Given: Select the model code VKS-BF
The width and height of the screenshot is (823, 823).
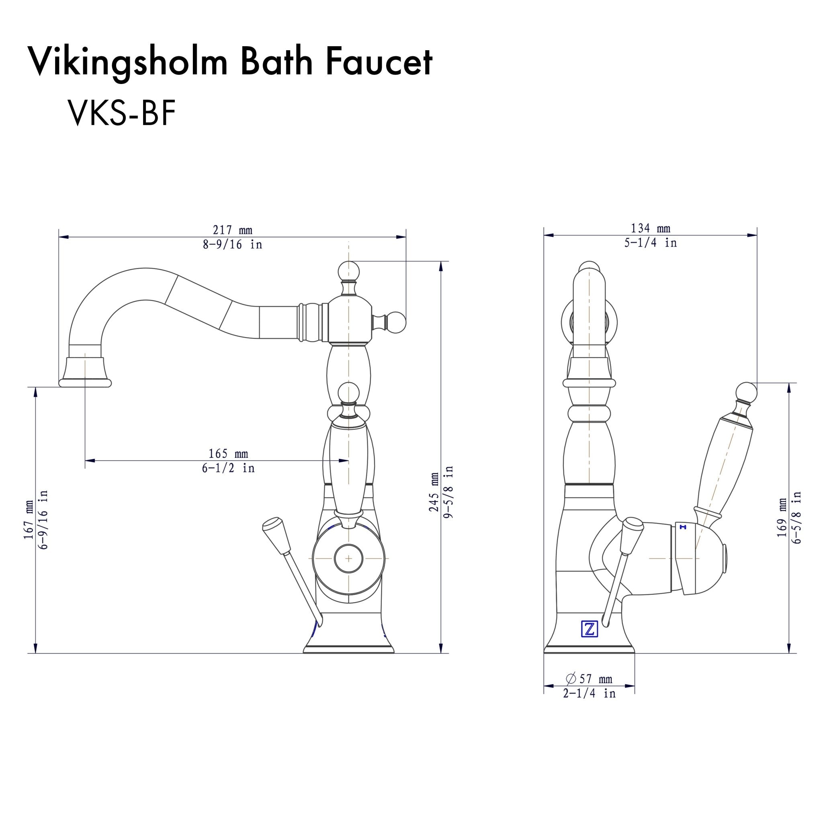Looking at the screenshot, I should tap(121, 114).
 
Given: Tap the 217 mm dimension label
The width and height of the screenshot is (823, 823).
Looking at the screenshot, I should tap(233, 230).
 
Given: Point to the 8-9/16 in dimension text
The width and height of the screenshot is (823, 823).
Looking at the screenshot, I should tap(233, 244).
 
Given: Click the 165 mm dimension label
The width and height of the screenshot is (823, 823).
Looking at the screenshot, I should tap(228, 453).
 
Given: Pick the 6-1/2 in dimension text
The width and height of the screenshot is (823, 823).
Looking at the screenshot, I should tap(228, 468).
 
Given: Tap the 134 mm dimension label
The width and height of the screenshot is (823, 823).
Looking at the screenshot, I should tap(651, 228).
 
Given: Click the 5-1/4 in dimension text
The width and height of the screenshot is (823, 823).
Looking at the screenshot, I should tap(651, 243).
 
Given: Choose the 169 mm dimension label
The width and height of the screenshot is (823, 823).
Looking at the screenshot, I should tap(782, 523).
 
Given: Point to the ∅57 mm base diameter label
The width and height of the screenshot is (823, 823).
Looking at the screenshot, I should tap(589, 678).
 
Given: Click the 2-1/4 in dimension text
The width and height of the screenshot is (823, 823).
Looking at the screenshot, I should tap(589, 694).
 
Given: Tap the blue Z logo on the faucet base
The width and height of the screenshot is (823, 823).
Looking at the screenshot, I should tap(590, 629).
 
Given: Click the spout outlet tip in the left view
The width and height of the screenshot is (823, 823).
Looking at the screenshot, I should tap(85, 383).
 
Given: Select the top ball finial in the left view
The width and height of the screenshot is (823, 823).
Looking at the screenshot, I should tap(348, 271).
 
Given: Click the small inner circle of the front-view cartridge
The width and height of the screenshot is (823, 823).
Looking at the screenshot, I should tap(348, 558).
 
